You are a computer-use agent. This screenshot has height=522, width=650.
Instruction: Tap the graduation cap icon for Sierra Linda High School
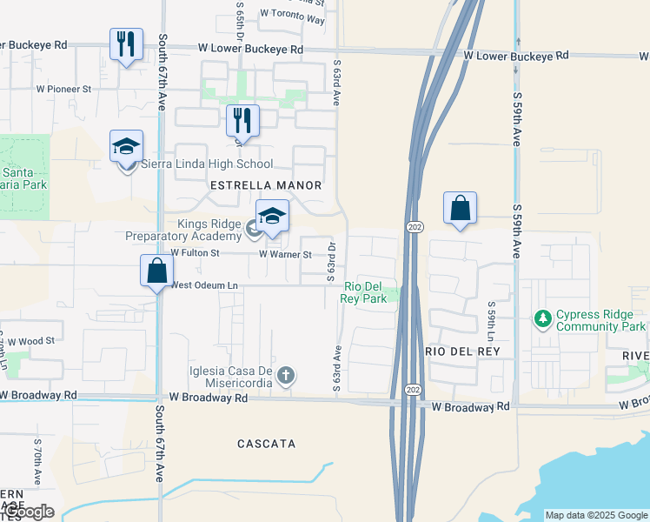126,146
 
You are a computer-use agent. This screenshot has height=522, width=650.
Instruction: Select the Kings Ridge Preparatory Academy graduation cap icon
272,217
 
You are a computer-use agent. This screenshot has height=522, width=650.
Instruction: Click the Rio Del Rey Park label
364,292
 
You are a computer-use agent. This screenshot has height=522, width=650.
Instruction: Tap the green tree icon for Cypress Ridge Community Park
544,320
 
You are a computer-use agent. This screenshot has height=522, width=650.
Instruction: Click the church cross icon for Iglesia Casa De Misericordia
286,377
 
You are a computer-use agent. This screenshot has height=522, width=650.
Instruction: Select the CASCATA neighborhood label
266,444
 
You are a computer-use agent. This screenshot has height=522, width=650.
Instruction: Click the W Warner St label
285,255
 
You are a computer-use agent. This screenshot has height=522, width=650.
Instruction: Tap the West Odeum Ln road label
205,285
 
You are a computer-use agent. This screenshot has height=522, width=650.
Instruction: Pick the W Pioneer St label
63,89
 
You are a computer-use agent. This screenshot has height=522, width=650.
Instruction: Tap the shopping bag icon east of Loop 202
460,209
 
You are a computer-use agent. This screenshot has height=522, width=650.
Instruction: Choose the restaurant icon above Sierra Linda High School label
242,121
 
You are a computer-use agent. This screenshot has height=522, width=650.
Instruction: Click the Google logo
28,512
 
